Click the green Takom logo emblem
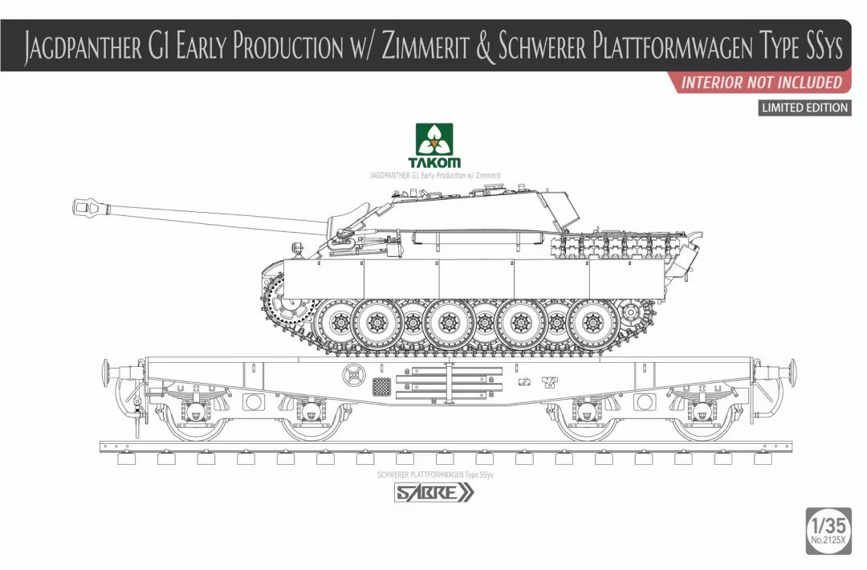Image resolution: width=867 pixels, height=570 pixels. click(433, 140)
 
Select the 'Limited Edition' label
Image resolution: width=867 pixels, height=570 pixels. click(804, 108)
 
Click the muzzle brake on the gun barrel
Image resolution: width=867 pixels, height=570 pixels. click(86, 207)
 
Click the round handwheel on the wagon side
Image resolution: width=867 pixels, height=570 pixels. click(352, 375)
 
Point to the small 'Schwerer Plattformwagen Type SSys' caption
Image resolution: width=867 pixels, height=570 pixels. click(434, 474)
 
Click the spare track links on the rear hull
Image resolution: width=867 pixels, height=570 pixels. click(610, 244)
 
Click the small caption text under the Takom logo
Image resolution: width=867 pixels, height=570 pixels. click(434, 174)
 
